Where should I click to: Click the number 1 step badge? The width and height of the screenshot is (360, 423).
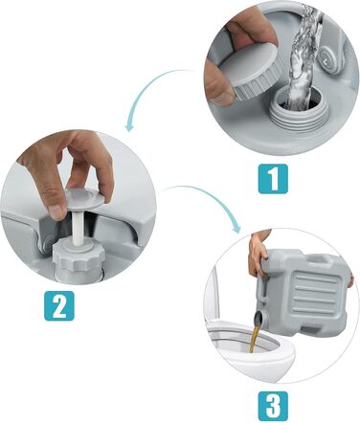click(273, 179)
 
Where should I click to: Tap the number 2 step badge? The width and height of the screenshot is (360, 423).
click(59, 305)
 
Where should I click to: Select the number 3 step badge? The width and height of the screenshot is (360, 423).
click(273, 406)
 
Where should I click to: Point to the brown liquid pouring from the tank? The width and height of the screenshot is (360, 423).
click(256, 337)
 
